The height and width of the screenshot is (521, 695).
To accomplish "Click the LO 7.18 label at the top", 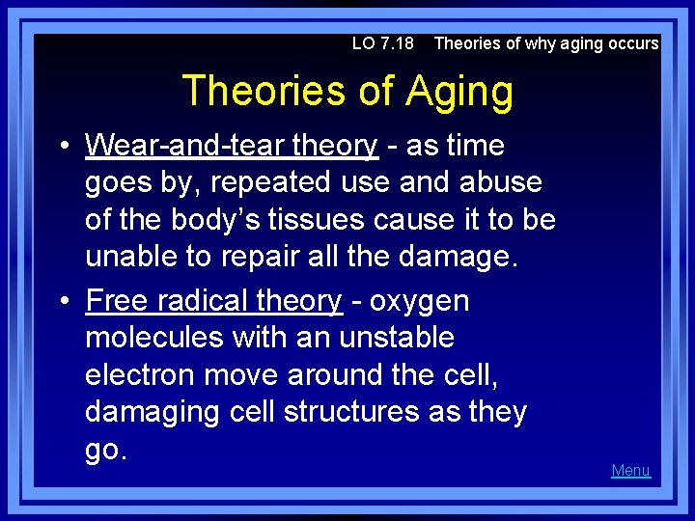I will click(x=382, y=43).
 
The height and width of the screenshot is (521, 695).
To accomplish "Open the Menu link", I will click(x=630, y=471).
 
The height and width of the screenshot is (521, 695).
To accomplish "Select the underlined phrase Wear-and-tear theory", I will click(x=231, y=146).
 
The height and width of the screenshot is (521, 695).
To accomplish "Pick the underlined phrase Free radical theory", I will click(x=213, y=301).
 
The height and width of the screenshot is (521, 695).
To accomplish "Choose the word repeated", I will click(x=257, y=182).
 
